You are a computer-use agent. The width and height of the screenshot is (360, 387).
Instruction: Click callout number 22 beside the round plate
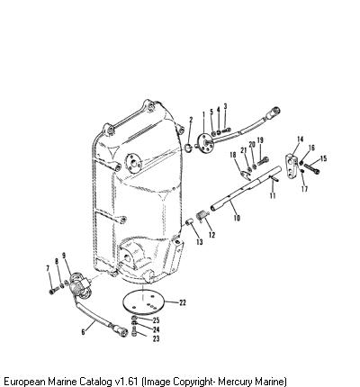point(183,302)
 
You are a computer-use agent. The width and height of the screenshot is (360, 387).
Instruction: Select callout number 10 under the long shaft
point(237,218)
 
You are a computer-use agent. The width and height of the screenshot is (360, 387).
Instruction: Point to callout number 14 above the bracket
point(301,139)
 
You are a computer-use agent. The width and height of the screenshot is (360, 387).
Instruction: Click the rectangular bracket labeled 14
point(292,166)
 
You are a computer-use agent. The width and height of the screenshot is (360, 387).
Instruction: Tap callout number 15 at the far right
point(323,158)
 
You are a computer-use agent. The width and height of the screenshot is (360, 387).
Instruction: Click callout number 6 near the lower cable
point(83,332)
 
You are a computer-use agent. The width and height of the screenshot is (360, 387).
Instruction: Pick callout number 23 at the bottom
point(156,338)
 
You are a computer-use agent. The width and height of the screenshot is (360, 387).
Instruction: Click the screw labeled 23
point(134,332)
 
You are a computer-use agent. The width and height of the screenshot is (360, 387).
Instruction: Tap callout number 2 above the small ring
point(191,120)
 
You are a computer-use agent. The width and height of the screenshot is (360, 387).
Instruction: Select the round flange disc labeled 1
point(205,145)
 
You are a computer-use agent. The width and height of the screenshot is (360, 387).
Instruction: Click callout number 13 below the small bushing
point(200,241)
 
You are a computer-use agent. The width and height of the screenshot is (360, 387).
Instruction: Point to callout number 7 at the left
point(48,268)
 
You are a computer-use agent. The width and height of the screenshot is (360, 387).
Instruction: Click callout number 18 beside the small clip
point(233,155)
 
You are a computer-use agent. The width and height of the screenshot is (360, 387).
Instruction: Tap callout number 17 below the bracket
point(304,189)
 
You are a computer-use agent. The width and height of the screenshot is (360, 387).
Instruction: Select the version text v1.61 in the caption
point(126,382)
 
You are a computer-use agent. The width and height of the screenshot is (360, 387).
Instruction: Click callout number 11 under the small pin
point(273,195)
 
